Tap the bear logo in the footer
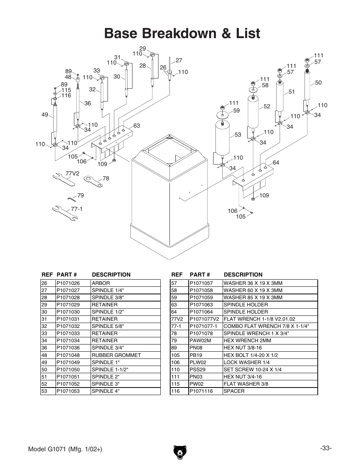[x=180, y=452]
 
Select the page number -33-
[x=326, y=448]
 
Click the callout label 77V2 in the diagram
[x=72, y=173]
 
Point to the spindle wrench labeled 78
[x=93, y=181]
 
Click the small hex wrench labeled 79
[x=72, y=199]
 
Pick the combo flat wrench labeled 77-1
[x=65, y=213]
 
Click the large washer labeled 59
[x=222, y=115]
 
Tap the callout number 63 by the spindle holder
[x=137, y=125]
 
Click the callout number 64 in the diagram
[x=276, y=163]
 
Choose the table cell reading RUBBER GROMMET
[x=116, y=355]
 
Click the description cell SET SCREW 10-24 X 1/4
[x=252, y=369]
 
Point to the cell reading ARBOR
[x=101, y=283]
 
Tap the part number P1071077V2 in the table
[x=204, y=319]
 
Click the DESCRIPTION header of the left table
[x=111, y=275]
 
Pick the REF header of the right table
[x=177, y=275]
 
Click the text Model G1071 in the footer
[x=47, y=449]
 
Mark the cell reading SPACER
[x=234, y=391]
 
